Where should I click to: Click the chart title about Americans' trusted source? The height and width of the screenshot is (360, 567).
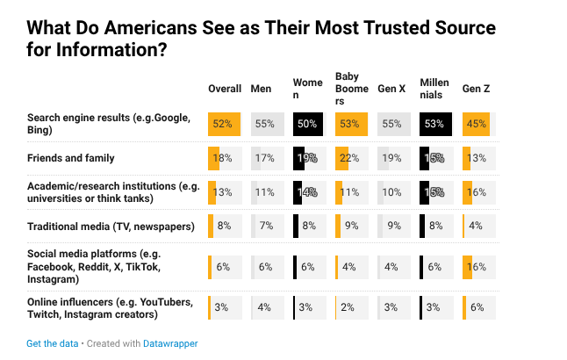[x=261, y=39]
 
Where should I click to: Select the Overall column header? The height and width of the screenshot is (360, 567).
[x=225, y=90]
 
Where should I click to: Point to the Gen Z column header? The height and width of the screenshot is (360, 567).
[x=477, y=90]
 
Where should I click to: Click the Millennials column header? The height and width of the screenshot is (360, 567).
[x=434, y=89]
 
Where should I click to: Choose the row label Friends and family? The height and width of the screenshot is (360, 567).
[x=71, y=158]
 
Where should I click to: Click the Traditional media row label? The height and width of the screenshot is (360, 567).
[x=110, y=226]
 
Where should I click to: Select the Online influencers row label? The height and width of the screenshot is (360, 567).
[x=110, y=308]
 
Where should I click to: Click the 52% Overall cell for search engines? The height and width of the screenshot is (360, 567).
[x=224, y=124]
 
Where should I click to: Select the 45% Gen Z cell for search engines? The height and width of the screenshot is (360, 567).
[x=476, y=124]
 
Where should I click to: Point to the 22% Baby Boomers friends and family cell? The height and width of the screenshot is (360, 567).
[x=350, y=158]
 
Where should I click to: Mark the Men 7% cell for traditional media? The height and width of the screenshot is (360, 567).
[x=266, y=226]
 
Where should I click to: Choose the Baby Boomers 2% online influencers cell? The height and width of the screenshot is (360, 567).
[x=350, y=308]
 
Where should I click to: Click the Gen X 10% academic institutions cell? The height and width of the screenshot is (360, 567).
[x=392, y=192]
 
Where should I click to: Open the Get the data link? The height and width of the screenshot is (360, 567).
[x=52, y=343]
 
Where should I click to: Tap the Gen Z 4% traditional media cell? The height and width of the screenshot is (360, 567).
[x=476, y=226]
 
